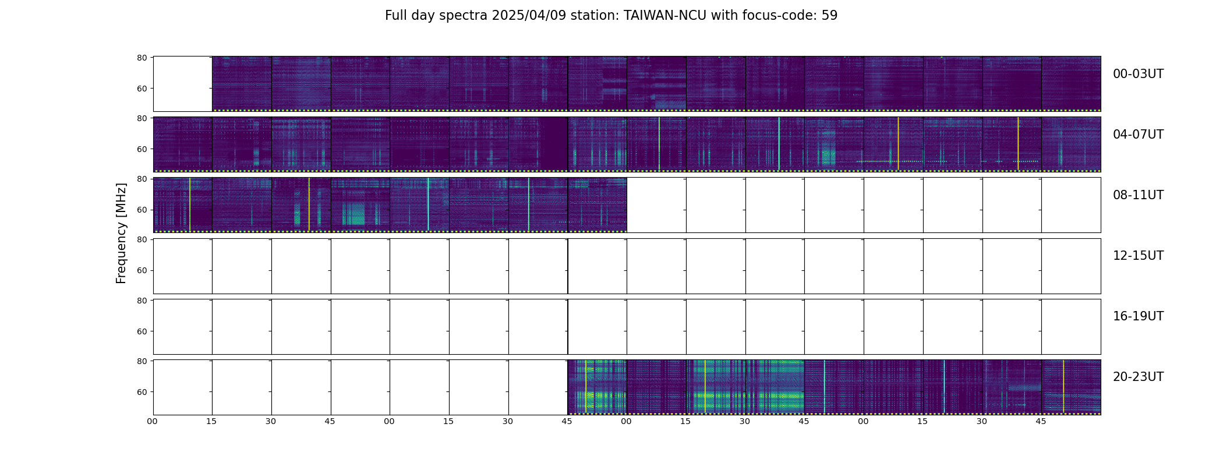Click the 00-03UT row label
pyautogui.click(x=1138, y=74)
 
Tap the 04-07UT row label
pyautogui.click(x=1138, y=135)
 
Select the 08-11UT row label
pyautogui.click(x=1138, y=195)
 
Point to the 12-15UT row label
pyautogui.click(x=1138, y=256)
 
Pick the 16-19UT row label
pyautogui.click(x=1138, y=316)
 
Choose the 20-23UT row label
pyautogui.click(x=1138, y=377)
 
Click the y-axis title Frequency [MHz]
pyautogui.click(x=121, y=233)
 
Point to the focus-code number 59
pyautogui.click(x=829, y=16)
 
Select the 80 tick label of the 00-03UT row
pyautogui.click(x=142, y=58)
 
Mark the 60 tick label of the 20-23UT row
pyautogui.click(x=142, y=392)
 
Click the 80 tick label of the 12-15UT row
pyautogui.click(x=142, y=239)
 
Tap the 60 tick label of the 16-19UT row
pyautogui.click(x=142, y=331)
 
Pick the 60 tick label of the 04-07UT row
pyautogui.click(x=142, y=149)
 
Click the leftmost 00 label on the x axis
pyautogui.click(x=153, y=421)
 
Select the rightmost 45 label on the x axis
pyautogui.click(x=1041, y=421)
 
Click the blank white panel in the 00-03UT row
pyautogui.click(x=182, y=83)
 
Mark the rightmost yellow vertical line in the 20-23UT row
pyautogui.click(x=1063, y=386)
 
